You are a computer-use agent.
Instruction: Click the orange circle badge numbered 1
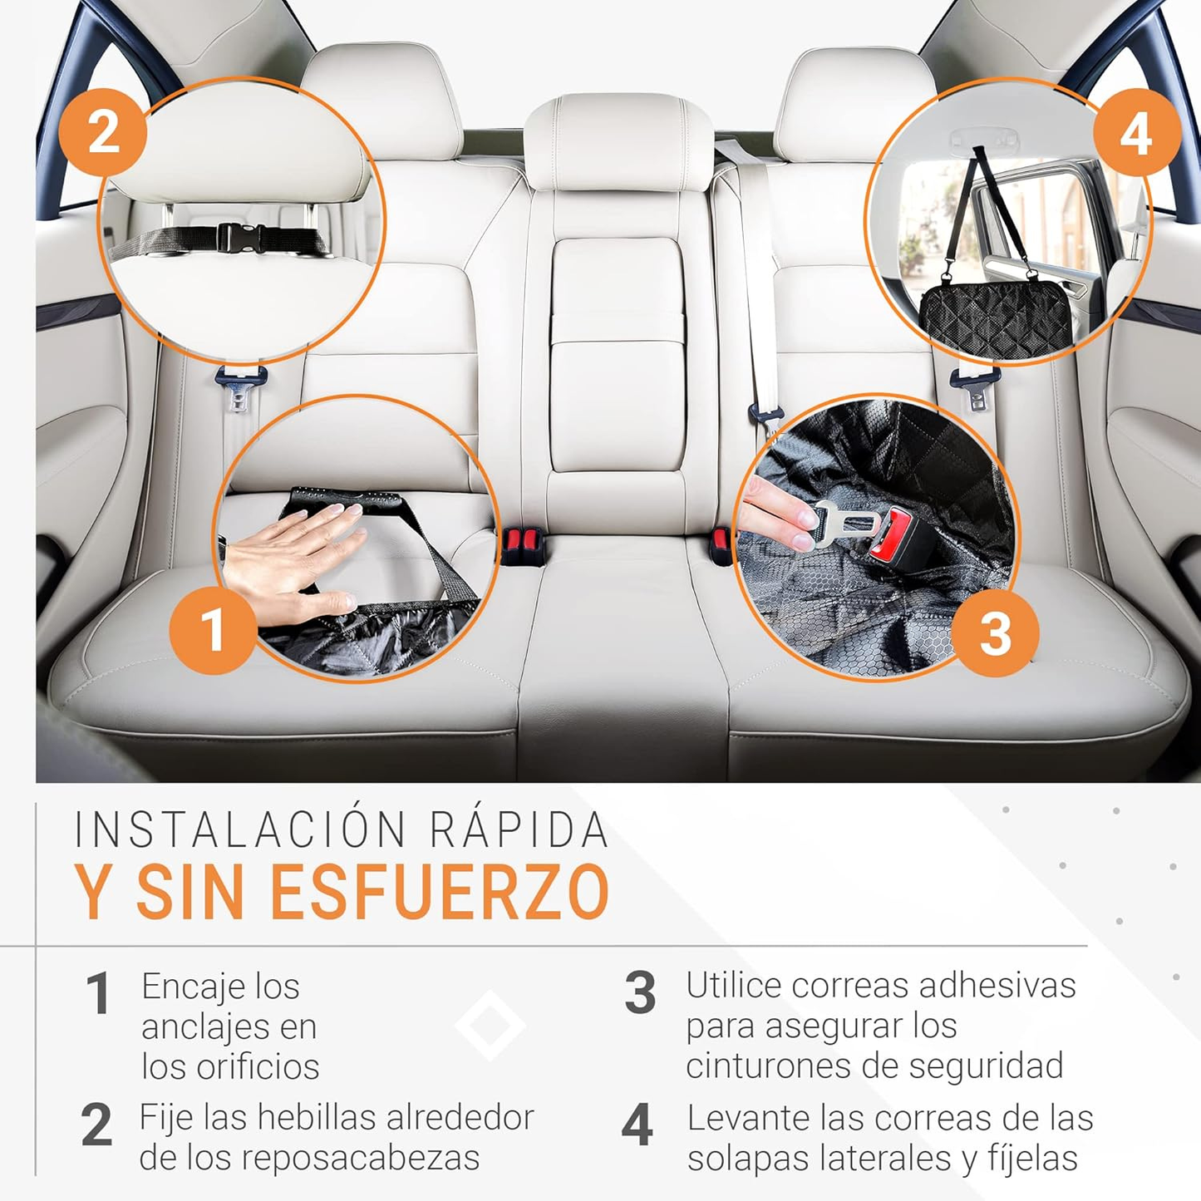point(213,629)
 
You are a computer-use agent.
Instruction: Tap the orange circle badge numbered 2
point(103,133)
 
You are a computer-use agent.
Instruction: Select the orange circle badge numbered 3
point(995,633)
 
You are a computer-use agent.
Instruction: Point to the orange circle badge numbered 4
point(1136,133)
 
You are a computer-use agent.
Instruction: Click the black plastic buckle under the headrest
point(240,239)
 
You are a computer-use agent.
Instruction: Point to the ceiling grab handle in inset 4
point(984,136)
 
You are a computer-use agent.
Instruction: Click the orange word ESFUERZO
point(441,893)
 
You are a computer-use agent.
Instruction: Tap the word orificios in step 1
point(258,1066)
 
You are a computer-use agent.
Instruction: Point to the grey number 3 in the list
point(640,993)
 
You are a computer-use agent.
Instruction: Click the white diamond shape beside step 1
point(490,1026)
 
